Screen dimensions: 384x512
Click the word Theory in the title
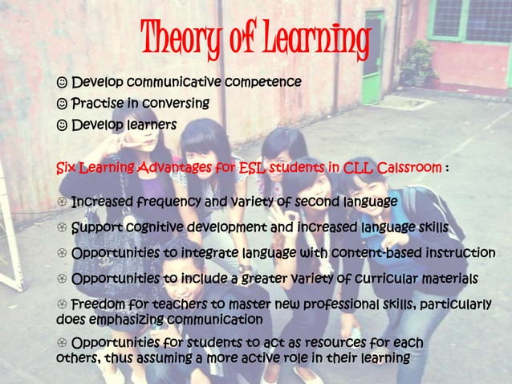pyautogui.click(x=182, y=36)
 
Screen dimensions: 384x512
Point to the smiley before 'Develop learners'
pyautogui.click(x=62, y=125)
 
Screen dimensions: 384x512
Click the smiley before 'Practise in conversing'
pyautogui.click(x=62, y=104)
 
